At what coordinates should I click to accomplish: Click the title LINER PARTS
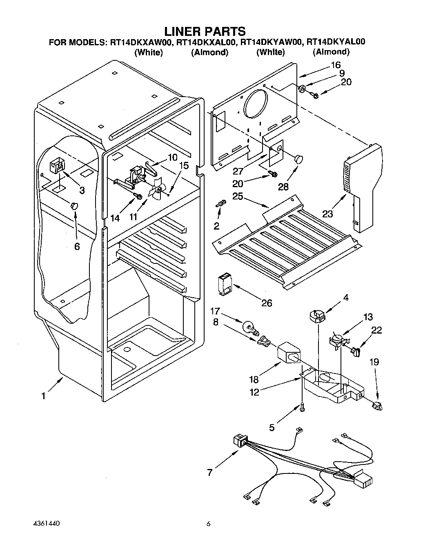[205, 31]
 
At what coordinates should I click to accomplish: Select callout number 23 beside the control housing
[327, 214]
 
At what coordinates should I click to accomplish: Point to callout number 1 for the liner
[44, 396]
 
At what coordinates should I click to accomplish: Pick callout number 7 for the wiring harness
[210, 473]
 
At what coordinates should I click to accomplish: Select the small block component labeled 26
[225, 284]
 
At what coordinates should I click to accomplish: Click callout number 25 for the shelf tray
[238, 197]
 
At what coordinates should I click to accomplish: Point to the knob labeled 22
[356, 352]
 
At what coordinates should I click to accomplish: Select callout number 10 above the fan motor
[172, 157]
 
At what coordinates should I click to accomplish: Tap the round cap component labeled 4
[317, 317]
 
